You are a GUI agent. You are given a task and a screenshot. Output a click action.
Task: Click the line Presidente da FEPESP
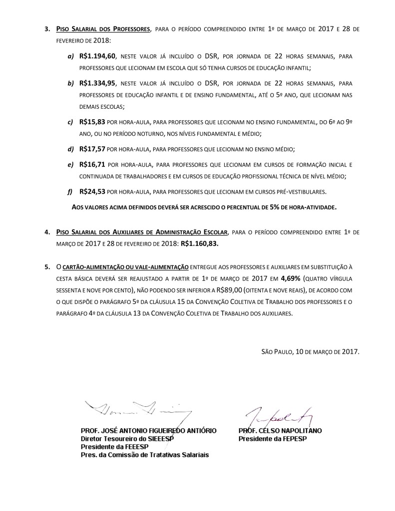[x=272, y=439]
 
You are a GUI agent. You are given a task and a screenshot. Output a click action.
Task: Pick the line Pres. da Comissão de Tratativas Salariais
[x=145, y=455]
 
